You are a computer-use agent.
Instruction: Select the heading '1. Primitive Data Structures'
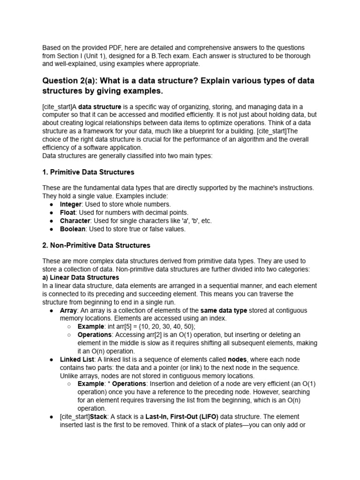(x=88, y=172)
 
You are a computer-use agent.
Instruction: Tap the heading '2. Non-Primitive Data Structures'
(x=96, y=245)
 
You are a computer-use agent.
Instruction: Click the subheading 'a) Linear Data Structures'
(x=81, y=277)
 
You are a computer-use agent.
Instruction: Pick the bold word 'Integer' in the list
(x=71, y=204)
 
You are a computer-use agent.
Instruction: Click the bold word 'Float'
(x=67, y=212)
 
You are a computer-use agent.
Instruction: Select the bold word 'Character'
(x=75, y=221)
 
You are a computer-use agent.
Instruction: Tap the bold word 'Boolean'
(x=73, y=229)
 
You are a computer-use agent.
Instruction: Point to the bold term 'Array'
(x=68, y=310)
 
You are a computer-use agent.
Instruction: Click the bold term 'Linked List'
(x=76, y=359)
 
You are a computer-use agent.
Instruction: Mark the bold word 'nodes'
(x=237, y=359)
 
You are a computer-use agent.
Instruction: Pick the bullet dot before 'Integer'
(x=51, y=204)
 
